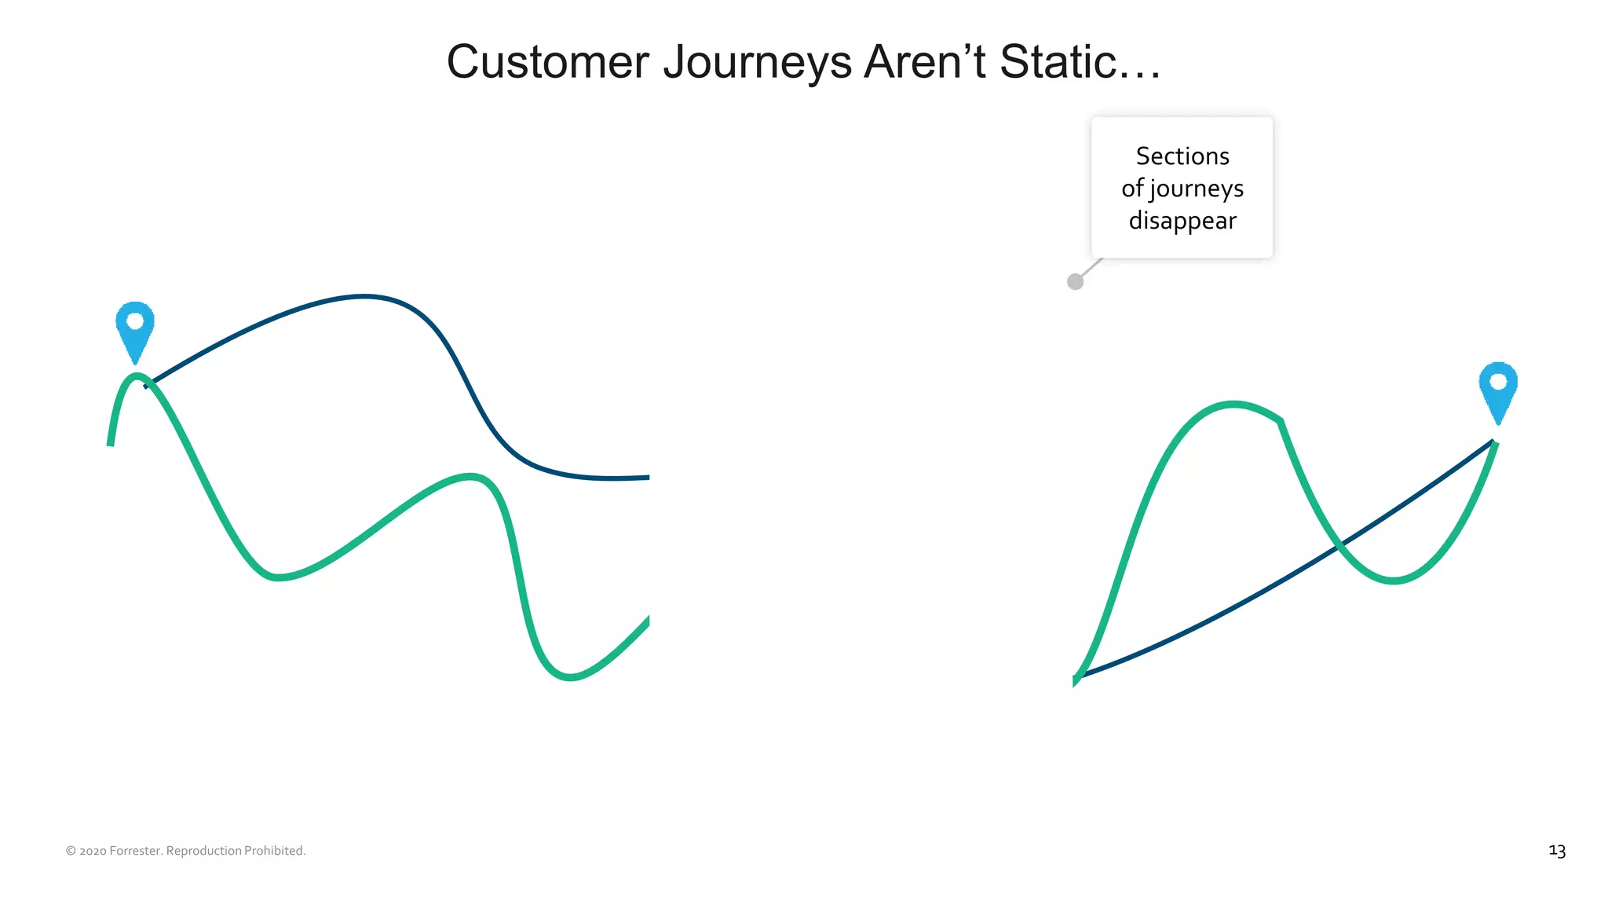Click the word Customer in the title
547,62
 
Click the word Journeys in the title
757,62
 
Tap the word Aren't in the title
925,62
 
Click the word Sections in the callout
1182,156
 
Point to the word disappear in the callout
1182,221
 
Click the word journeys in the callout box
1197,189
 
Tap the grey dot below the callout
1076,281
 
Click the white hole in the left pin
135,321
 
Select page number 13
1557,851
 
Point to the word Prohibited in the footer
274,851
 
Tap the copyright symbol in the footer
71,851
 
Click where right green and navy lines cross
1340,544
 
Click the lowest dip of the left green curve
571,676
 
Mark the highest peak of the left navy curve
364,296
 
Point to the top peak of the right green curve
1233,405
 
